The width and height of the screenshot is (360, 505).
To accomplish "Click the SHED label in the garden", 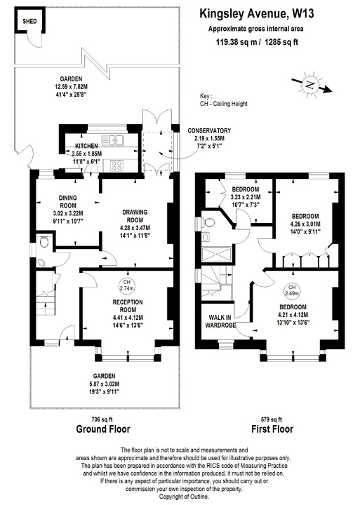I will pyautogui.click(x=29, y=22).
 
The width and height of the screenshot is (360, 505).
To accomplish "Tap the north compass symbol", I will pyautogui.click(x=311, y=84).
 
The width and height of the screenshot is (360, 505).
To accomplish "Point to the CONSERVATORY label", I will pyautogui.click(x=208, y=130).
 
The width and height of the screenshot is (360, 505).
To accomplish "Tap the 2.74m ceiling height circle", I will pyautogui.click(x=126, y=285).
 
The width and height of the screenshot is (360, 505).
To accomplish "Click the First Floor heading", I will pyautogui.click(x=270, y=429).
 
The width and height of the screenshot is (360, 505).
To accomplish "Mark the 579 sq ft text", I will pyautogui.click(x=271, y=418).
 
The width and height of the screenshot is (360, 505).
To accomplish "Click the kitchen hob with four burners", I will pyautogui.click(x=117, y=166).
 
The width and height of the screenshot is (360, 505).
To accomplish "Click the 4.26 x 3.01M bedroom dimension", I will pyautogui.click(x=305, y=224).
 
